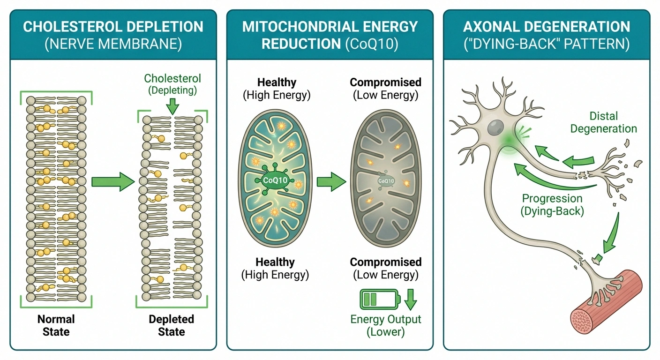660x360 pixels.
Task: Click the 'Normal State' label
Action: (56, 325)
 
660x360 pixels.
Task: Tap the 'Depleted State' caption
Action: (171, 325)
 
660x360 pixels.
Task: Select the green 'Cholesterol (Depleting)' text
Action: (172, 84)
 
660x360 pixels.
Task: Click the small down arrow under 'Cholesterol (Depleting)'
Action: (172, 106)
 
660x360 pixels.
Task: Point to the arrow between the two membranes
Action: (112, 181)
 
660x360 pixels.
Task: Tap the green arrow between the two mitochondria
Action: (330, 181)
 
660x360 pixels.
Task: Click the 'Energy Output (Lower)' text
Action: (386, 325)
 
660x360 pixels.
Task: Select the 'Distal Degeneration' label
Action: (603, 122)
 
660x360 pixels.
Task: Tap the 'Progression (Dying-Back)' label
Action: (552, 204)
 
